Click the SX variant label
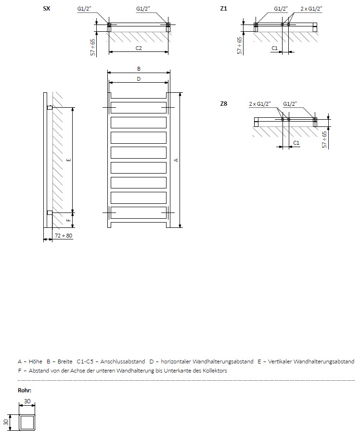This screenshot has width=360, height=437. tap(47, 9)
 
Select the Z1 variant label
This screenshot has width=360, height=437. tap(223, 9)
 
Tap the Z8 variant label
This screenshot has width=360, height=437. tap(223, 103)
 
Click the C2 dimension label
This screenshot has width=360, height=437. tap(138, 49)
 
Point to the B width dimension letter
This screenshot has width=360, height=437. tap(139, 69)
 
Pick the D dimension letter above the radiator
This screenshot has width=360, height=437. tap(139, 79)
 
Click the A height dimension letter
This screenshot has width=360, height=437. tap(176, 160)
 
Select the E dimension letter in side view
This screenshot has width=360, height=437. tap(68, 160)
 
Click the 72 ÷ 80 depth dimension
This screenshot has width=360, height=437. tap(63, 236)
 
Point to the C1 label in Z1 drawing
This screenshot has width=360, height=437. tap(274, 48)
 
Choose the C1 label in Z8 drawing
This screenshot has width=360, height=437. tap(296, 143)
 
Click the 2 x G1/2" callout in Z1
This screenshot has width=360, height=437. tap(311, 9)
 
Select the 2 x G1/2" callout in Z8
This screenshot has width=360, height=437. tap(260, 104)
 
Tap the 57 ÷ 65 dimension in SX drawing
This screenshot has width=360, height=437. tap(93, 47)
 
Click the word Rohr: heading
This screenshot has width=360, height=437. tap(25, 390)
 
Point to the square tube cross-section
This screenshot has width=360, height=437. tap(27, 422)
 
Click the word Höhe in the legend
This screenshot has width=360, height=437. tap(36, 362)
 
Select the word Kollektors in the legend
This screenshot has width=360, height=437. tap(214, 371)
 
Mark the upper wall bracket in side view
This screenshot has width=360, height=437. tap(50, 108)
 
